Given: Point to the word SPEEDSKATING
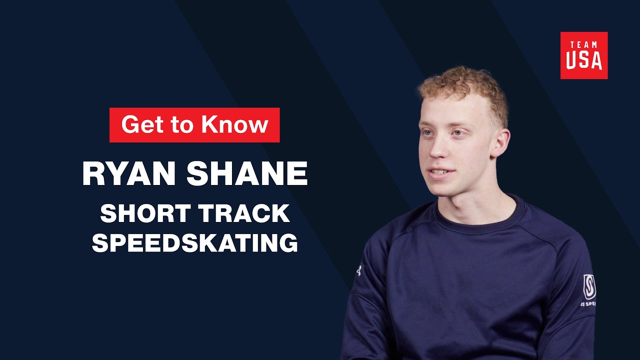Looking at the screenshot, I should [x=195, y=243].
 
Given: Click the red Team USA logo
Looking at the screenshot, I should [x=583, y=55].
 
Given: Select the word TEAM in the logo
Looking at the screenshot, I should [x=583, y=45].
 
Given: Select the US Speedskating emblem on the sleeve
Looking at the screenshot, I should [x=589, y=287].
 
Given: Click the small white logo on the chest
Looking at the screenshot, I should [x=358, y=270].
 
